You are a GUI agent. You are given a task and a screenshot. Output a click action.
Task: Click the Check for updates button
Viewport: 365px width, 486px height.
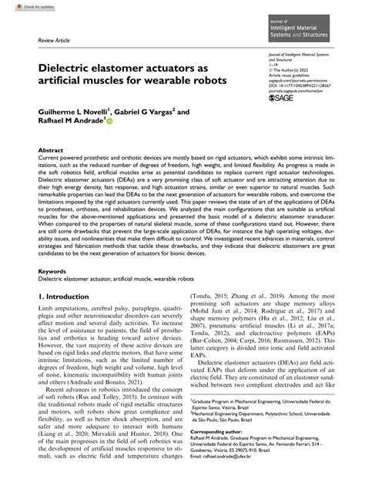click(23, 5)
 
